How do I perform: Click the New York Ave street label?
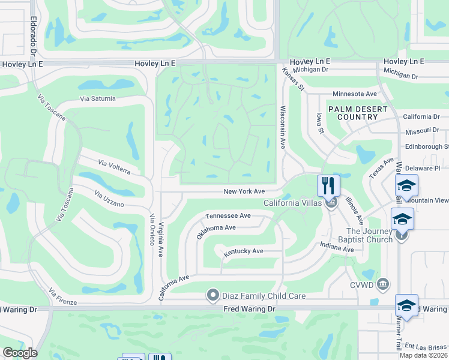[244, 191]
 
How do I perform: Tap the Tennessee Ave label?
[228, 215]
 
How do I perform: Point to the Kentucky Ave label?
[244, 251]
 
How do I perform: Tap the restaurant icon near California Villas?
[328, 184]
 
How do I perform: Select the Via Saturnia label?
[97, 98]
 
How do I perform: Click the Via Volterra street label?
[114, 166]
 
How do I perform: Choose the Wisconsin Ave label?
[283, 127]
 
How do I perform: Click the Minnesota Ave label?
[354, 94]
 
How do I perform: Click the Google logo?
[20, 353]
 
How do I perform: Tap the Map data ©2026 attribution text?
[423, 355]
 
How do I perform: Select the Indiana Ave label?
[337, 245]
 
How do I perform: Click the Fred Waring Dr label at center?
[249, 308]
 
